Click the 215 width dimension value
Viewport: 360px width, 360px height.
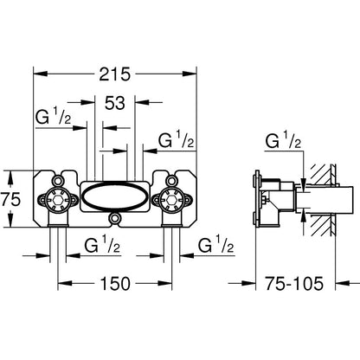coord(115,74)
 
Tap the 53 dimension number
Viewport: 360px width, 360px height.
coord(115,103)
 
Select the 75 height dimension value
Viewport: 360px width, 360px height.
coord(10,199)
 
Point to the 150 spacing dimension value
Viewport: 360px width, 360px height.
coord(115,284)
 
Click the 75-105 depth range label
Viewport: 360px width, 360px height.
coord(294,284)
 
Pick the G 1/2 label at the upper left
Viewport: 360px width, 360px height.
coord(53,117)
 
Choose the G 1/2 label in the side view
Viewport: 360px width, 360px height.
coord(283,140)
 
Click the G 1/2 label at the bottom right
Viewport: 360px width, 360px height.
coord(215,245)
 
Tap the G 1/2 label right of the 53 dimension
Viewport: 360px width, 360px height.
coord(176,139)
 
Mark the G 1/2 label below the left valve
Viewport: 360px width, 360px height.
coord(102,245)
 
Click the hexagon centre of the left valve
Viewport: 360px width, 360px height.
coord(58,199)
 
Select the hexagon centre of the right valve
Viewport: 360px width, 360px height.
coord(171,199)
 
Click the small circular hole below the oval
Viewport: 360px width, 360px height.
coord(115,218)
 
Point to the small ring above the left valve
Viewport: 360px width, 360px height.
coord(58,181)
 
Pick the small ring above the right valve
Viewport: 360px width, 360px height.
coord(171,181)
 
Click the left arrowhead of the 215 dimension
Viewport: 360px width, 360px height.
coord(40,74)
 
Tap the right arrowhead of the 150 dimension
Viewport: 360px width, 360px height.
coord(165,284)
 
